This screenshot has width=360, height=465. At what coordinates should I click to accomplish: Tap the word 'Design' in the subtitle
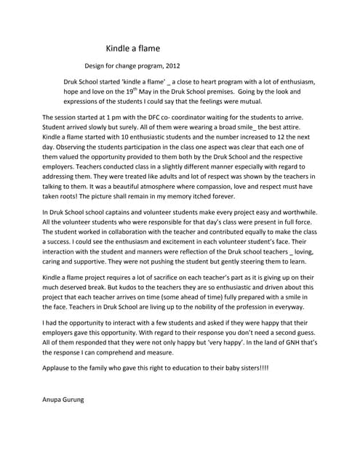tap(97, 66)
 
